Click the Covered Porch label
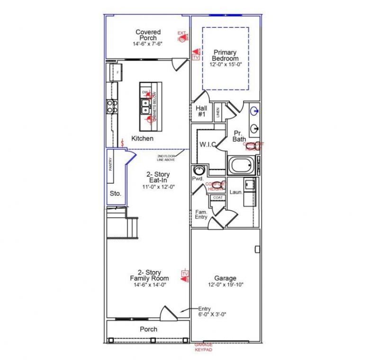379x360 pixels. coord(148,35)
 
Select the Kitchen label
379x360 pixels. coord(142,138)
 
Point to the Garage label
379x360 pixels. coord(225,279)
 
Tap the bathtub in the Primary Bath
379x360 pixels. coord(242,165)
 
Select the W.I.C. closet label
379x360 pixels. coord(208,144)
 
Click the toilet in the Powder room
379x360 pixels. coord(198,171)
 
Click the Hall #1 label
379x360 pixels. coord(201,111)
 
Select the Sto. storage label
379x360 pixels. coord(115,194)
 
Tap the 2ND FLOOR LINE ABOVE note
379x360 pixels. coord(166,158)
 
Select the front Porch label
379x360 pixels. coord(148,329)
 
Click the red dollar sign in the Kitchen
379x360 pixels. coord(123,142)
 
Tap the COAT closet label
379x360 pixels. coord(217,198)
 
